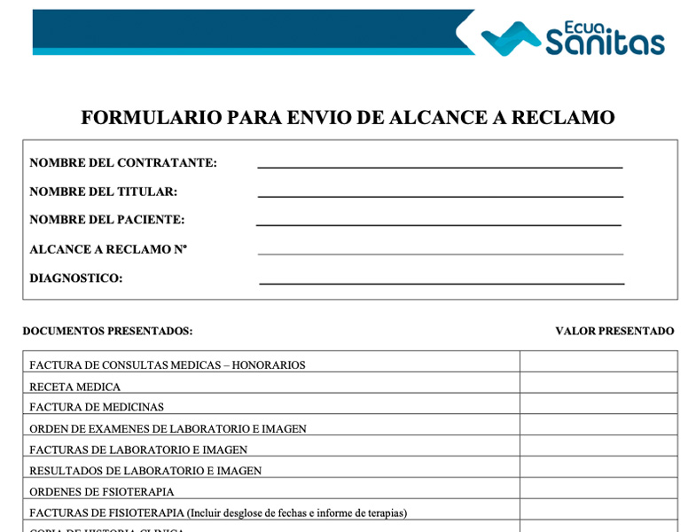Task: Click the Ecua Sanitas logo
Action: [x=573, y=38]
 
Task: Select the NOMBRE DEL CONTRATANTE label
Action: [x=123, y=163]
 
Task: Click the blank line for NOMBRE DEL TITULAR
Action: [x=440, y=194]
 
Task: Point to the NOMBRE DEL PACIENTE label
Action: [x=107, y=220]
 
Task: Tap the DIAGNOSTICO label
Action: [x=76, y=278]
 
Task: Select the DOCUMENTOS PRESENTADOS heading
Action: [x=107, y=332]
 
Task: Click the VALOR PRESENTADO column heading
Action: [x=614, y=332]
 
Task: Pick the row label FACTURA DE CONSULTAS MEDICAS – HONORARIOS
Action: [x=168, y=365]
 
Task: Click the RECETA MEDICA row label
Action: [x=75, y=387]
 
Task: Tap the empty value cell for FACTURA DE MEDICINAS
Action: [x=598, y=407]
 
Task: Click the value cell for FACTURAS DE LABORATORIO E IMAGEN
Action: [x=598, y=450]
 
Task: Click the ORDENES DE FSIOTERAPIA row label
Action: [x=102, y=492]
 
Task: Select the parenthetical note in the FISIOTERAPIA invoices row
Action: [x=297, y=513]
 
